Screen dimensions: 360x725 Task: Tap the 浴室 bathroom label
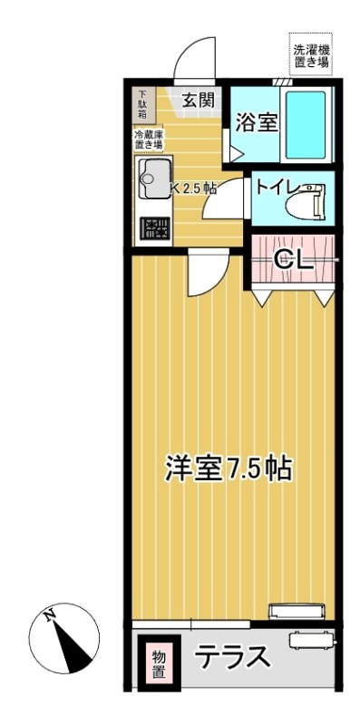[x=257, y=123]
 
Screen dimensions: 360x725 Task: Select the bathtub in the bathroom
[x=306, y=124]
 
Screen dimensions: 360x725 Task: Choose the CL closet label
[x=294, y=260]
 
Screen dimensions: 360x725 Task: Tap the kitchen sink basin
[x=153, y=179]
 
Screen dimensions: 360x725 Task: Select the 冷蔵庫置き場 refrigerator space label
[x=148, y=140]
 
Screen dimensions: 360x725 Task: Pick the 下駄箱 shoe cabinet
[x=141, y=104]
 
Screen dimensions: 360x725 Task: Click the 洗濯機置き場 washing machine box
[x=311, y=53]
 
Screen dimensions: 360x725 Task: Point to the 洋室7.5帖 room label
[x=229, y=469]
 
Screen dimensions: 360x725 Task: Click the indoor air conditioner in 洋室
[x=297, y=610]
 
